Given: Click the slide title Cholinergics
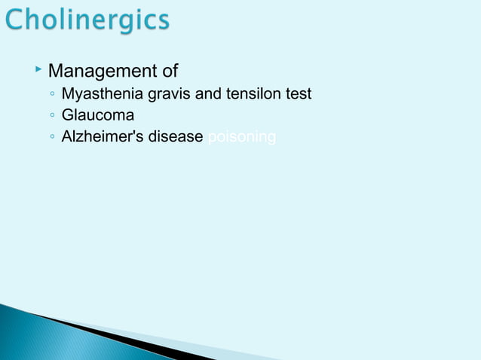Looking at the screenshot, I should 88,20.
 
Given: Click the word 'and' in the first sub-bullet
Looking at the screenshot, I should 208,95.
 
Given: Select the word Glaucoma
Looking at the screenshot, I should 98,116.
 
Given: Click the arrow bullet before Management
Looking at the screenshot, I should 38,70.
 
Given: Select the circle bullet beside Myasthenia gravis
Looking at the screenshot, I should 50,96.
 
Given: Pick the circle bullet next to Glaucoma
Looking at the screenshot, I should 50,117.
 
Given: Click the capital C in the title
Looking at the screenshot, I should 17,20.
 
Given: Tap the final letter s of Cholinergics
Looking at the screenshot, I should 164,21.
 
